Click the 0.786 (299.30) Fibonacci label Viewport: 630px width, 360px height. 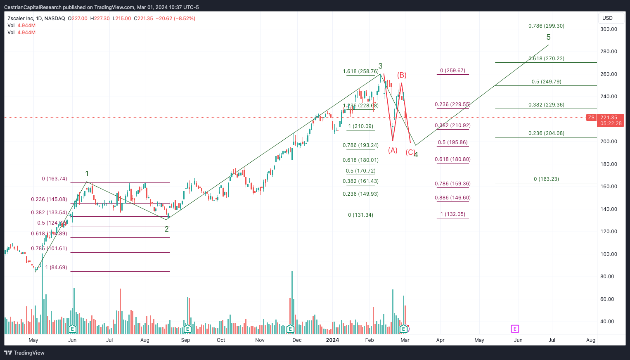(546, 26)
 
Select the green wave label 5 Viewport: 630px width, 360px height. (548, 37)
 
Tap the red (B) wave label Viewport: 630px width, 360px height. (402, 75)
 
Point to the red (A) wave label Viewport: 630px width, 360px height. (393, 150)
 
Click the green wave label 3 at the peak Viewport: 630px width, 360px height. (380, 66)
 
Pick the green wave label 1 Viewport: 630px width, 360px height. (87, 174)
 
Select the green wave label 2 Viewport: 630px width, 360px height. (167, 229)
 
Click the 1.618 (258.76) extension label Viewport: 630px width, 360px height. (360, 71)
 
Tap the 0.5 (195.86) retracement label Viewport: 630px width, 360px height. (452, 142)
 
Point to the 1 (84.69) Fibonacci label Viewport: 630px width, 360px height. (56, 268)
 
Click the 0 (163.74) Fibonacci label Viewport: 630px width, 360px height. (54, 179)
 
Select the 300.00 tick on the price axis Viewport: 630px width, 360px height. (609, 29)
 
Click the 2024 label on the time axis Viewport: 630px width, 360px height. (332, 340)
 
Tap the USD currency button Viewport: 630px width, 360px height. (607, 18)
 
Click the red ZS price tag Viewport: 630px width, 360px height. (591, 118)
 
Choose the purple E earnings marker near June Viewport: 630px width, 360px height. (515, 329)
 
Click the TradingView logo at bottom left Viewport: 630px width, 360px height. (24, 353)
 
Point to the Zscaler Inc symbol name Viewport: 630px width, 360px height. (21, 19)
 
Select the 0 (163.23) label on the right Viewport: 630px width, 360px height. (546, 179)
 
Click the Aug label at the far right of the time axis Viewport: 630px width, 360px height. (591, 340)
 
